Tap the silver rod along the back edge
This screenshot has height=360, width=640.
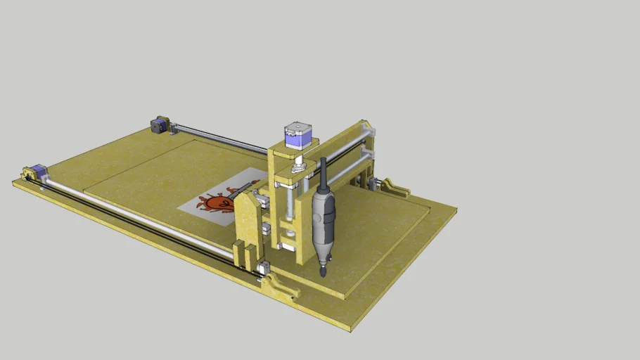point(218,139)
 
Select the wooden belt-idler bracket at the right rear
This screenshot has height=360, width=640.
point(395,188)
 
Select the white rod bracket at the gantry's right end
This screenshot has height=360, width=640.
point(368,129)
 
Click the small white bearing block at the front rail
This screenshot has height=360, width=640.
point(264,267)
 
